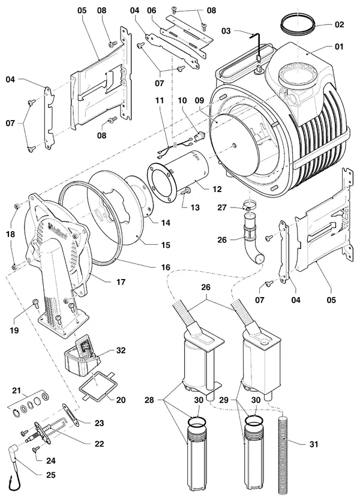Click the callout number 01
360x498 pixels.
click(339, 47)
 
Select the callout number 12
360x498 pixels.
click(217, 189)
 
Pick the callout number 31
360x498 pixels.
click(314, 443)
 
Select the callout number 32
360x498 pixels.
click(121, 350)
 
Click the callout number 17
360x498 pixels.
click(121, 282)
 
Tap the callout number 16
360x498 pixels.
click(166, 267)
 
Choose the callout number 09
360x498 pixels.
click(199, 101)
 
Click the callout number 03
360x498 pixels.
click(226, 31)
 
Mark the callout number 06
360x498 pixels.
click(152, 10)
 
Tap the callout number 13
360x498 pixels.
click(195, 208)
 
